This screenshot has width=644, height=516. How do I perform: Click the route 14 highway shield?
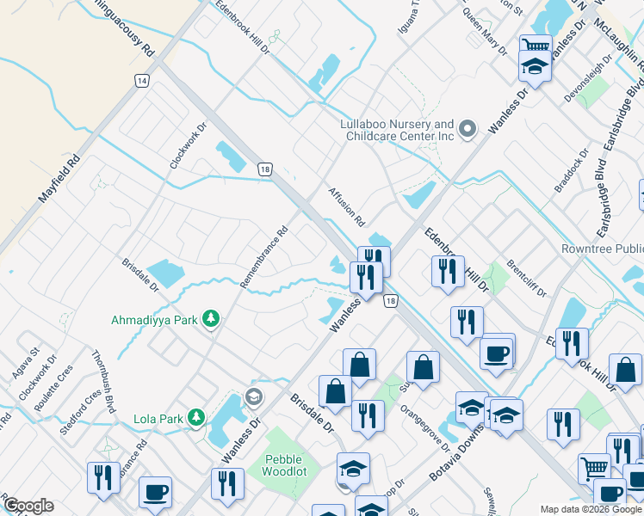(141, 79)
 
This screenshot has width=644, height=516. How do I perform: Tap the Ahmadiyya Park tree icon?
(211, 320)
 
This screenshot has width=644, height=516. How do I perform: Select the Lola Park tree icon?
(197, 418)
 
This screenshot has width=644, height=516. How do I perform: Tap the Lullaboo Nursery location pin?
(468, 130)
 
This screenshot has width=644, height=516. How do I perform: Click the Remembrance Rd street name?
(263, 256)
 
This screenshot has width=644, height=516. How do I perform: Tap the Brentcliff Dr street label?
(527, 277)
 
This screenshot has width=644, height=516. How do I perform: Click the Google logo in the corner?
(28, 505)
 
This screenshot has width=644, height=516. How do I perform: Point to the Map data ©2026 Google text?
(591, 509)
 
